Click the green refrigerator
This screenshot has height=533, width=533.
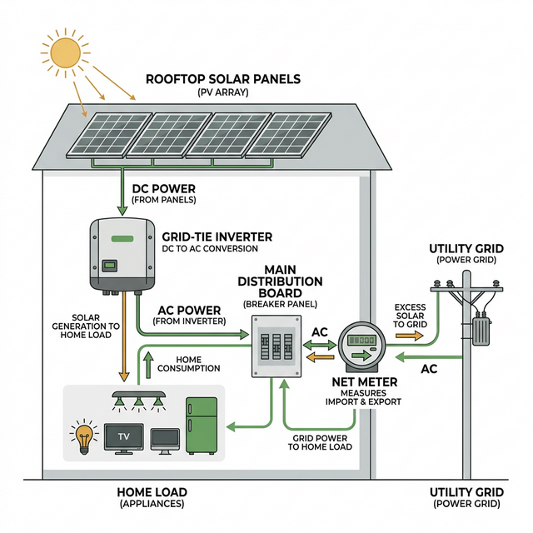click(x=201, y=426)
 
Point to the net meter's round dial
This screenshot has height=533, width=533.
click(x=363, y=345)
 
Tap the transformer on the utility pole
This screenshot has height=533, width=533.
click(x=482, y=330)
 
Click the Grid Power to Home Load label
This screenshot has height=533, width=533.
click(x=320, y=441)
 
